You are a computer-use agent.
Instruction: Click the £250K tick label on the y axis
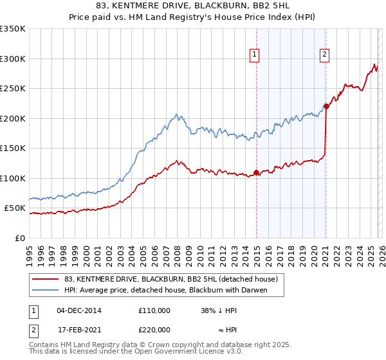click(13, 89)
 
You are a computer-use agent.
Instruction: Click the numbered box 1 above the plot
click(255, 55)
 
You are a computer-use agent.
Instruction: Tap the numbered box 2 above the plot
click(325, 55)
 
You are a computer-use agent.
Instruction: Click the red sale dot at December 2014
click(256, 172)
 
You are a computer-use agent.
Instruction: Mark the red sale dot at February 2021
click(326, 107)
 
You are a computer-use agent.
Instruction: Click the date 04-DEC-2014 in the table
click(79, 310)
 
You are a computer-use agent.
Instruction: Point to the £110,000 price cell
click(154, 310)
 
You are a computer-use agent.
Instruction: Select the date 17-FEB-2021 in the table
click(79, 329)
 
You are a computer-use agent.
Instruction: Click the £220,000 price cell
click(154, 329)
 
